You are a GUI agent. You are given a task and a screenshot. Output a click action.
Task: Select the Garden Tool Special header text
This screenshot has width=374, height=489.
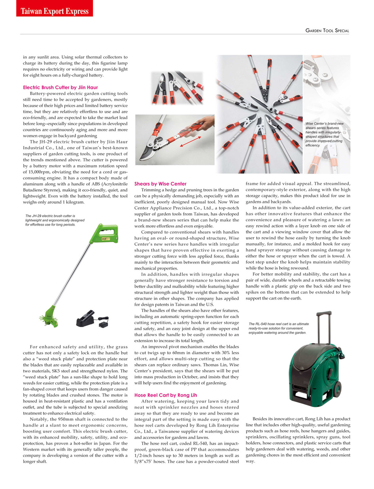(x=327, y=31)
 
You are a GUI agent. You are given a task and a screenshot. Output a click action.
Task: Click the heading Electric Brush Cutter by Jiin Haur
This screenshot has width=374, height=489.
(x=60, y=87)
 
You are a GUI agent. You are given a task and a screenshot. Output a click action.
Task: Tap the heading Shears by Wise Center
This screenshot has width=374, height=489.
(x=160, y=184)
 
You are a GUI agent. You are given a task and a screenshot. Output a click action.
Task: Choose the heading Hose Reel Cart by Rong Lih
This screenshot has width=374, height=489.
(x=165, y=395)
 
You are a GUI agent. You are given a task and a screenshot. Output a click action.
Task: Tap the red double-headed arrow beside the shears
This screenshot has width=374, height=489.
(x=190, y=142)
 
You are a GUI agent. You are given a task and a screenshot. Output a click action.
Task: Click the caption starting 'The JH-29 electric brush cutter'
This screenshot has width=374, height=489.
(x=55, y=220)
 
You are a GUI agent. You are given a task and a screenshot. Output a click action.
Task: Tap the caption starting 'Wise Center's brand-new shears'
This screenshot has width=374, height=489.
(x=325, y=134)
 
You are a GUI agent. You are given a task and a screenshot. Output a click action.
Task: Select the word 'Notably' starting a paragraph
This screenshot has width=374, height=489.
(x=39, y=419)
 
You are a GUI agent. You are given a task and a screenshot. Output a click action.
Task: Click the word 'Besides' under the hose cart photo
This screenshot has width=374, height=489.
(x=260, y=419)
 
